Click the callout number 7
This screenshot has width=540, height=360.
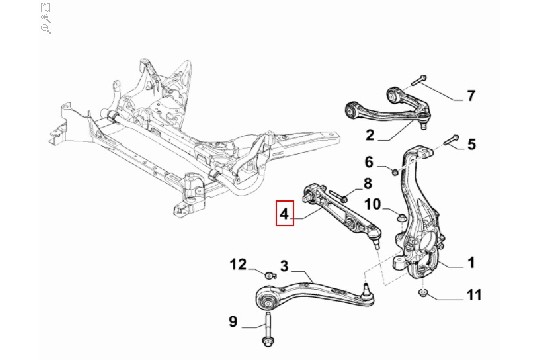[471, 95]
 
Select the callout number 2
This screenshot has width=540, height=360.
[370, 135]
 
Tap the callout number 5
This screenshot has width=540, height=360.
[471, 144]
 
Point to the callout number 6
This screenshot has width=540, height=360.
[369, 162]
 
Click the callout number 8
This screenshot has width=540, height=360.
[367, 183]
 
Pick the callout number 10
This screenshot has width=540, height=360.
[373, 204]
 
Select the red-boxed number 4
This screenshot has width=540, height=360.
[284, 213]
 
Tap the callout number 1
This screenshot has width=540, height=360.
[471, 263]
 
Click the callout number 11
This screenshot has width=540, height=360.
[474, 295]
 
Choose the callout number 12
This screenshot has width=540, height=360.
[238, 265]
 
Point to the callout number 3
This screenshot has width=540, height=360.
[284, 266]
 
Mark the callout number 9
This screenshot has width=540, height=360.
[233, 321]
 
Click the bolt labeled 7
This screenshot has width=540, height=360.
[418, 80]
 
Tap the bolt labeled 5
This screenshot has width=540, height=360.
[451, 139]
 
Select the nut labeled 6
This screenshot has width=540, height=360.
[395, 171]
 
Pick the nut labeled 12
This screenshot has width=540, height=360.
[270, 275]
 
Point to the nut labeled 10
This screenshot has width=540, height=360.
[401, 218]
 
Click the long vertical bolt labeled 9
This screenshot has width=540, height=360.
[268, 328]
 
